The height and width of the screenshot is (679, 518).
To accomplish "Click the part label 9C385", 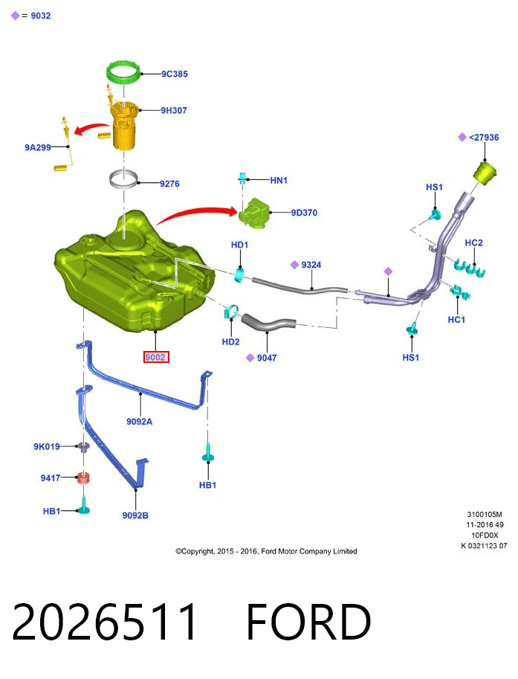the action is tap(175, 74).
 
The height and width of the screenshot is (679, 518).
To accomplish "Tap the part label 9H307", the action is tap(174, 110).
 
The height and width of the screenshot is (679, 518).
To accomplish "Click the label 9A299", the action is tap(38, 147).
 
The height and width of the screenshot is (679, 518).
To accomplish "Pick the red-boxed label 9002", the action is tap(155, 357).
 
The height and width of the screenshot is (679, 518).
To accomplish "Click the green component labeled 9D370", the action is tap(254, 213).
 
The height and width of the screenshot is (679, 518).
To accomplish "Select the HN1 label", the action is tap(279, 180).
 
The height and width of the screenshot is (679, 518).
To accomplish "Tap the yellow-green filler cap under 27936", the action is tap(485, 173).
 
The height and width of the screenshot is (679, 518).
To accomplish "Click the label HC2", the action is tap(473, 242).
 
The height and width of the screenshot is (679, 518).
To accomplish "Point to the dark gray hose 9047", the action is tap(268, 324).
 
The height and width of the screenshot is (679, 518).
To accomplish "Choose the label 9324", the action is tap(311, 265).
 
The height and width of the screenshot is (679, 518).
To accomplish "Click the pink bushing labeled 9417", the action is tap(83, 477).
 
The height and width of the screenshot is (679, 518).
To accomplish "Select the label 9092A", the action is tap(139, 422).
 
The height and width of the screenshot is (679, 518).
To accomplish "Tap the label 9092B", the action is tap(135, 515).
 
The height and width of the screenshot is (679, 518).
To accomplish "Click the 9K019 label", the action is tap(47, 446).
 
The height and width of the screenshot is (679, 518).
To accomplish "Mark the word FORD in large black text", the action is tap(308, 622).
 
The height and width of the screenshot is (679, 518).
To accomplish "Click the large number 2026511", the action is tap(105, 622).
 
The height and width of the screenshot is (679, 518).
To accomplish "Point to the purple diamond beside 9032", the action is tap(15, 16).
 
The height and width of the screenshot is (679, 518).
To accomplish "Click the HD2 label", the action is tap(230, 341).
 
